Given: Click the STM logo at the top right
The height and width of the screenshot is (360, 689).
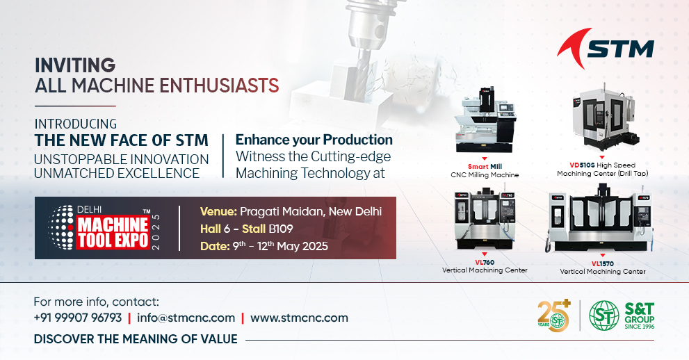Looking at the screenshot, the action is [x=606, y=48].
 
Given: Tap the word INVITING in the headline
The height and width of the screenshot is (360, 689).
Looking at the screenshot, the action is [x=75, y=65].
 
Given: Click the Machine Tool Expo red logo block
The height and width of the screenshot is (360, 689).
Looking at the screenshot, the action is [x=113, y=233].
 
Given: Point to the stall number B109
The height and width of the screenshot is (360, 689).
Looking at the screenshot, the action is [x=281, y=229].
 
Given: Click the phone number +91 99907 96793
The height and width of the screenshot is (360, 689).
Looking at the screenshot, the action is [x=78, y=318].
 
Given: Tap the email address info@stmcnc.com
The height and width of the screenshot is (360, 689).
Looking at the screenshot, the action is [x=186, y=318].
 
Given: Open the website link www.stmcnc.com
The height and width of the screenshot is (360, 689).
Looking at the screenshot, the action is [x=299, y=318].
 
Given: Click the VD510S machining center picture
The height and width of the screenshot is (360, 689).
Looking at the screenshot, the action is [x=603, y=119].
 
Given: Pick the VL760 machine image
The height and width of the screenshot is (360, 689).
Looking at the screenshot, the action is [x=485, y=219].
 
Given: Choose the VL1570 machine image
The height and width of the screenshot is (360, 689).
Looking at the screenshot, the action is [x=599, y=219].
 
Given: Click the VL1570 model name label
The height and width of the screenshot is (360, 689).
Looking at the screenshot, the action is [x=602, y=264].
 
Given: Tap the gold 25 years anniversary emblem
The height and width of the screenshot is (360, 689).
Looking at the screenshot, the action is [x=554, y=316].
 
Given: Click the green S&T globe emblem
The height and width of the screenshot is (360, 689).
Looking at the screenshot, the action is [x=604, y=316].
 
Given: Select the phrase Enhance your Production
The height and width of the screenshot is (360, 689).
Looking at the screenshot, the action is [x=314, y=140].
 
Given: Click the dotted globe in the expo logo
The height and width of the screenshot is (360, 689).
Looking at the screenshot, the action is [x=60, y=228].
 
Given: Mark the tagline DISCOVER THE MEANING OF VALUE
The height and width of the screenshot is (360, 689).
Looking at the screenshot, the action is [x=136, y=339].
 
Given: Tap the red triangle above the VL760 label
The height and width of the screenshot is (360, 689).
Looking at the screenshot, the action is [x=484, y=254].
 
